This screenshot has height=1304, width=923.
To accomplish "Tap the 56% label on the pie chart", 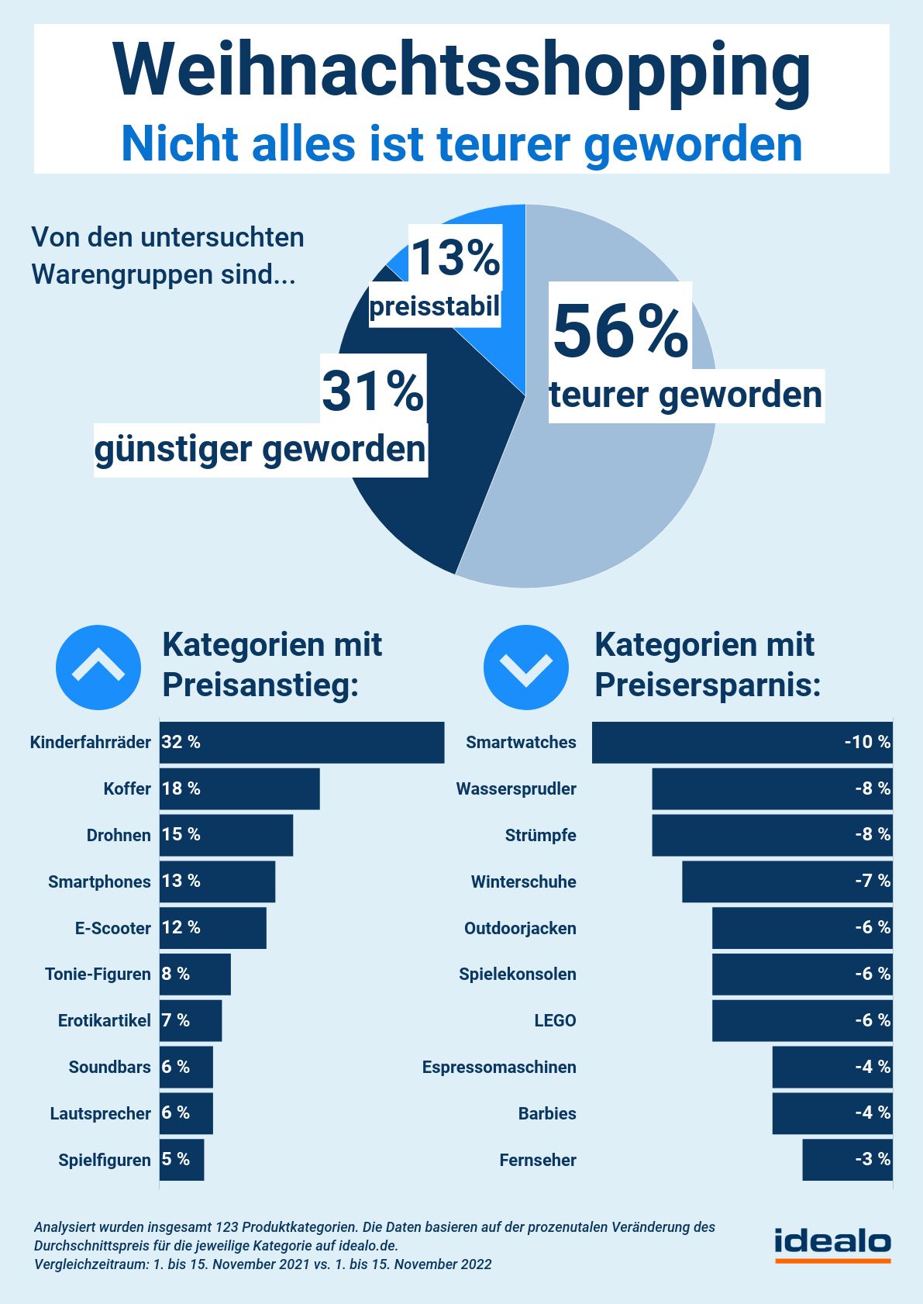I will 620,332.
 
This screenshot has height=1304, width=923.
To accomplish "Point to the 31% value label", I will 373,391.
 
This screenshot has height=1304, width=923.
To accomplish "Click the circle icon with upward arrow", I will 98,667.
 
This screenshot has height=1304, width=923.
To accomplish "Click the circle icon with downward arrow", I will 525,667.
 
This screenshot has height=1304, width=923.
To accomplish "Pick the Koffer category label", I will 127,788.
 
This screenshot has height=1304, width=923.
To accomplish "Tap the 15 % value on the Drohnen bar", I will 181,834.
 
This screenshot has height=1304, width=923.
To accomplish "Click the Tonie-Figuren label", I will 98,974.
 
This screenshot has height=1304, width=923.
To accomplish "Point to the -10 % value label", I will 867,742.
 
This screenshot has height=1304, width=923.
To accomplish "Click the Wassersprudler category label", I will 516,788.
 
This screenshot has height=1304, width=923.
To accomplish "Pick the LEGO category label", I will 555,1020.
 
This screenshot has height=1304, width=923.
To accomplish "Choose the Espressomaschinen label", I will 499,1067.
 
